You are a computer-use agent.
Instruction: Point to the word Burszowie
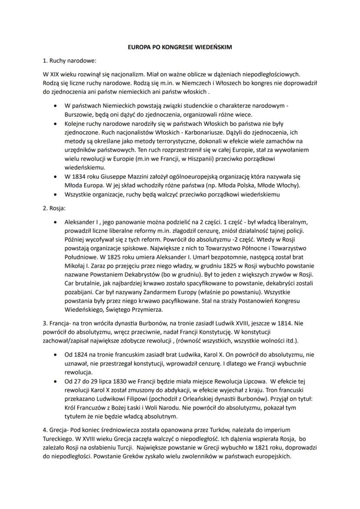79,114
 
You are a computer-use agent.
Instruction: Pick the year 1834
81,176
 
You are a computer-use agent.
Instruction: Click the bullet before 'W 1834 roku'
54,176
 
